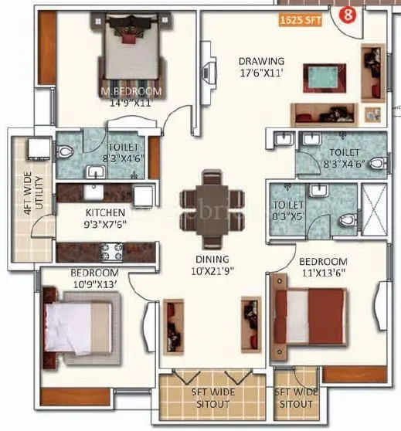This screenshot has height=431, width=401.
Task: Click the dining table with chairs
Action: pos(209,200)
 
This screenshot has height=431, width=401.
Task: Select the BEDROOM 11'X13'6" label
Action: pos(323,267)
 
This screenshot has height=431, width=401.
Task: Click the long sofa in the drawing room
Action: pos(325,114)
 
